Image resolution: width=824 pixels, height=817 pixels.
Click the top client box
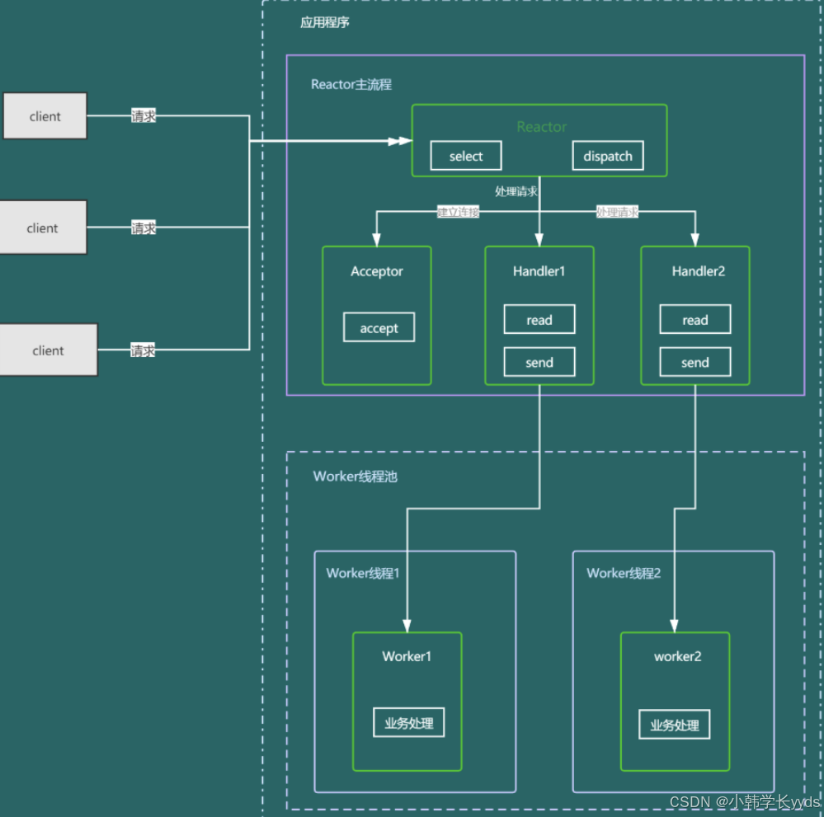45,116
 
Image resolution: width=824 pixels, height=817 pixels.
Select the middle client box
43,228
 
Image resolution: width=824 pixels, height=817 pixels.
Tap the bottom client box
48,350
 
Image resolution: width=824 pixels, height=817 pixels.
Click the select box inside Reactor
466,157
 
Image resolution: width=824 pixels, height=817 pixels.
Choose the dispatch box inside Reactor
608,157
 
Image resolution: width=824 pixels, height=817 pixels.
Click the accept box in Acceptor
379,328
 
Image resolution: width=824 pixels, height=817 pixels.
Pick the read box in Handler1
539,320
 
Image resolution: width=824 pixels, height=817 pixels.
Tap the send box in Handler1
539,363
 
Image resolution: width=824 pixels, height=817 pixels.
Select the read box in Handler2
695,320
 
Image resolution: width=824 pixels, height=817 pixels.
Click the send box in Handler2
695,363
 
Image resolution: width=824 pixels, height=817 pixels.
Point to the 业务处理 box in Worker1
409,723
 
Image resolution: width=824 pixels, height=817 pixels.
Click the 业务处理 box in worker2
674,725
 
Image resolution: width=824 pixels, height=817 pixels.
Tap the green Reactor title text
541,127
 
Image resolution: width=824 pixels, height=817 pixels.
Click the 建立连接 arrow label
458,212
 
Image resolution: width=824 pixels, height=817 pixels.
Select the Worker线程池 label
355,477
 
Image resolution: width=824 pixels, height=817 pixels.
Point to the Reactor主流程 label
351,84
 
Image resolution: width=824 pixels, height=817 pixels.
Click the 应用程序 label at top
324,22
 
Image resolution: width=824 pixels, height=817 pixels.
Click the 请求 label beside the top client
144,116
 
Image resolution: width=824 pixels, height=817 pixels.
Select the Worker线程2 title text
624,573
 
